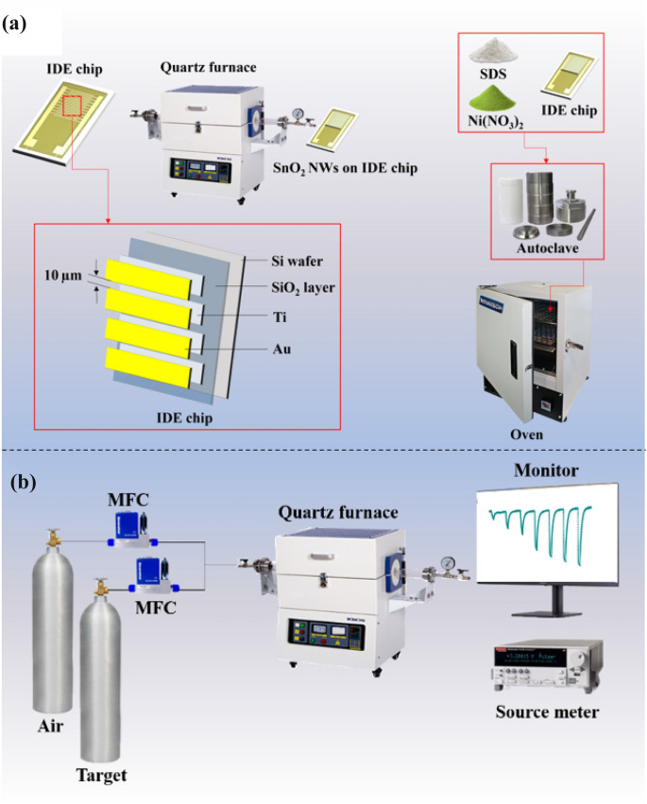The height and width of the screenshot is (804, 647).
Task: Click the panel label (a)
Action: (23, 26)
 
